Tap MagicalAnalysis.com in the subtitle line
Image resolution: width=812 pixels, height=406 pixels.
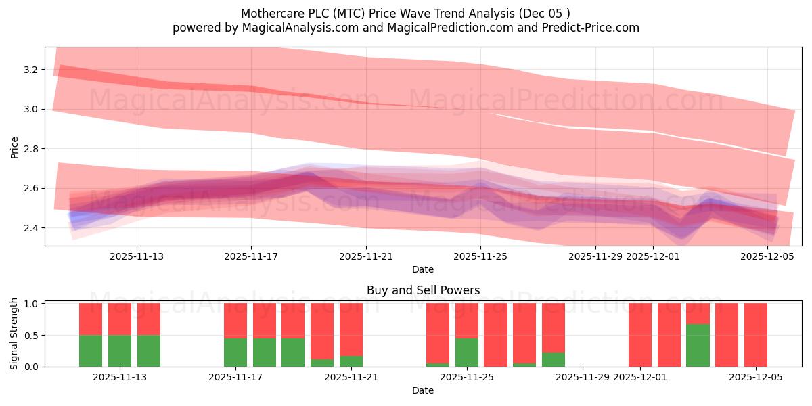click(x=292, y=28)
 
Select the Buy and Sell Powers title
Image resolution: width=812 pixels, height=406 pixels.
click(x=423, y=290)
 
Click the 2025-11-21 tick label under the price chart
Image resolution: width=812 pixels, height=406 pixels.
click(x=365, y=256)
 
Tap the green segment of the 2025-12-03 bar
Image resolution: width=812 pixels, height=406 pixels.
click(x=698, y=345)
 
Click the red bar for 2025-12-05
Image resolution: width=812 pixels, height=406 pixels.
click(x=755, y=335)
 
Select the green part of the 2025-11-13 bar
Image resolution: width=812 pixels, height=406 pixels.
click(x=120, y=351)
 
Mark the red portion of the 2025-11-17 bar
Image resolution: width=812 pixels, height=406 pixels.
click(x=235, y=321)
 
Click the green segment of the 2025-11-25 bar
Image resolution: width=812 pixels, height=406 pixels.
click(x=467, y=353)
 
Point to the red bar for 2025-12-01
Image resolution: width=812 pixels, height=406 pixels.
click(x=640, y=335)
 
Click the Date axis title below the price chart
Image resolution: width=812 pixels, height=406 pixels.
click(x=423, y=269)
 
